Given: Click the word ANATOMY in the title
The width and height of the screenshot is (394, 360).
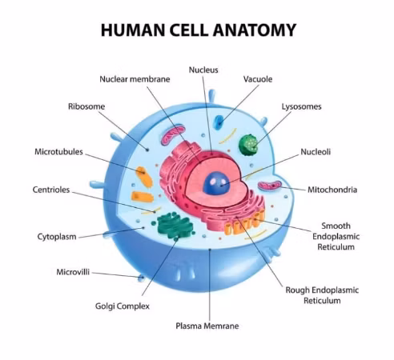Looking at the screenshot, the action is (255, 30).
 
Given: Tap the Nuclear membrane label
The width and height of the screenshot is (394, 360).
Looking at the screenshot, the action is (135, 79).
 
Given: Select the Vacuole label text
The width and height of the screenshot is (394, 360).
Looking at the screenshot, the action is (258, 79).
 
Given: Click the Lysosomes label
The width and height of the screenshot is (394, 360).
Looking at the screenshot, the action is (302, 106).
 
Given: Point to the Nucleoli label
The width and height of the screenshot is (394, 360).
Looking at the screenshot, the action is (316, 152).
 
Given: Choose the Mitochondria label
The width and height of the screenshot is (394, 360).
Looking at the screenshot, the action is (332, 190).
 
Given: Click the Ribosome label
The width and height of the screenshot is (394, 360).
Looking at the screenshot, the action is (86, 106).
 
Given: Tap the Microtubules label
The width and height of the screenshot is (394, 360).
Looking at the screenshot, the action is (58, 152).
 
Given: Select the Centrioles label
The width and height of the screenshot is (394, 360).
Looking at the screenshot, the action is (51, 190).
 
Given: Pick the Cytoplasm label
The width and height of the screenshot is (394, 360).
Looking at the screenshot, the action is (57, 237).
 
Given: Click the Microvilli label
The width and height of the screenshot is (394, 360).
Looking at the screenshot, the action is (73, 272).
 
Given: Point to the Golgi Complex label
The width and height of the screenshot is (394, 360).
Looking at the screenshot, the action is (123, 306).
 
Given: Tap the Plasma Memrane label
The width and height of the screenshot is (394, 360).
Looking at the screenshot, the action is (207, 326).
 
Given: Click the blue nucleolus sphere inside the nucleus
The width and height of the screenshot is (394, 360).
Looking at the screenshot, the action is (215, 183).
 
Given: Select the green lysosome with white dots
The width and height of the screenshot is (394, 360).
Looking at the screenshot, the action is (248, 145).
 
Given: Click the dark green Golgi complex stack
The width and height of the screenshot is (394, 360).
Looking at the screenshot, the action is (175, 226).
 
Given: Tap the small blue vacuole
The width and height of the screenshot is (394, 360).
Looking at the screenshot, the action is (219, 122).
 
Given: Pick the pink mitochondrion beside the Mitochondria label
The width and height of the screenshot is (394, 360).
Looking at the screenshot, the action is (270, 186).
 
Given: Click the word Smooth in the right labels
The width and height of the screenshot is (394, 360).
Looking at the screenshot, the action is (336, 226).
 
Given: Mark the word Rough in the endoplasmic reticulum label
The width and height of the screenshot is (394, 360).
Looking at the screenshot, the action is (298, 290).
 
